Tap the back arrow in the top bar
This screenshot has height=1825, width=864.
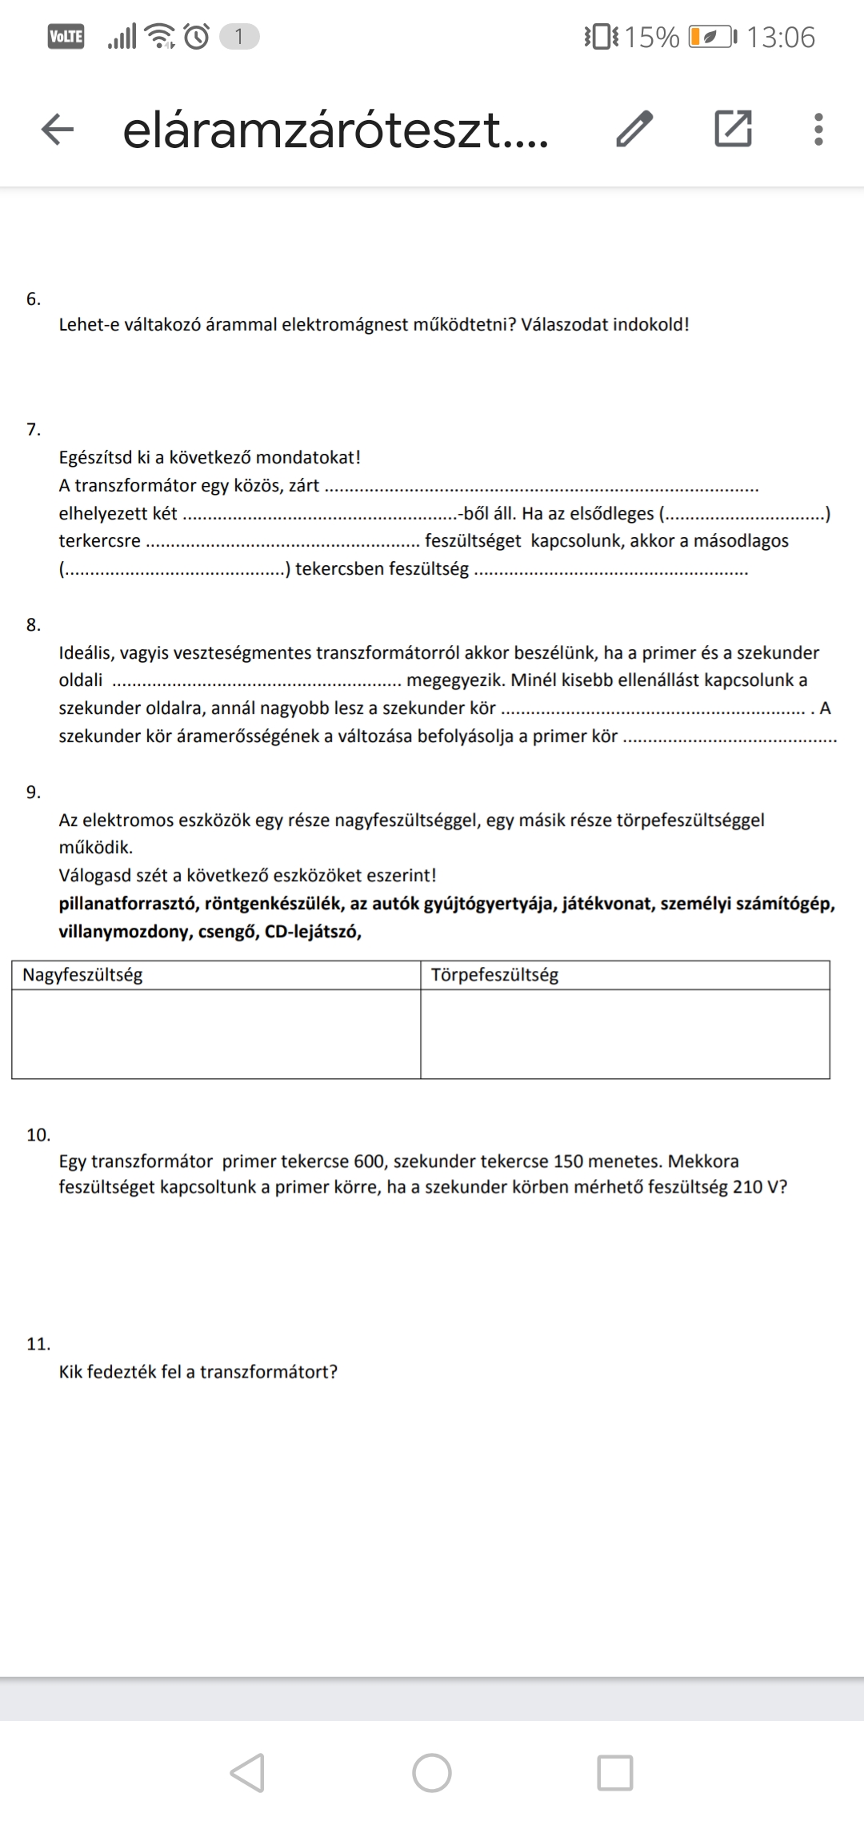58,129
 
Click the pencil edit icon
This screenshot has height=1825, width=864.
634,129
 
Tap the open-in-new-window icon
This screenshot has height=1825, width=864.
733,129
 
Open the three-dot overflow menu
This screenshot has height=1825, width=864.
818,129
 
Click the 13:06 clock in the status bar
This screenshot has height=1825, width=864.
780,37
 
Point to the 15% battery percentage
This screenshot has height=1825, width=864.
651,37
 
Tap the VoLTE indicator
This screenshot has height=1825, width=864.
66,37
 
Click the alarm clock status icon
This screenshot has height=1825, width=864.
197,37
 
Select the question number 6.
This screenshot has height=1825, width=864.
33,299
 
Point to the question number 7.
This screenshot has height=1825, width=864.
33,430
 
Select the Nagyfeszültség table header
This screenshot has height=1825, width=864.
82,975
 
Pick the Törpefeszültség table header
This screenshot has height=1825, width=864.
494,975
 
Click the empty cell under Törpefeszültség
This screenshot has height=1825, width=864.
625,1034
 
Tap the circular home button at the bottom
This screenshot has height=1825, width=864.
432,1772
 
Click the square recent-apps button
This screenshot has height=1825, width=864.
615,1772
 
